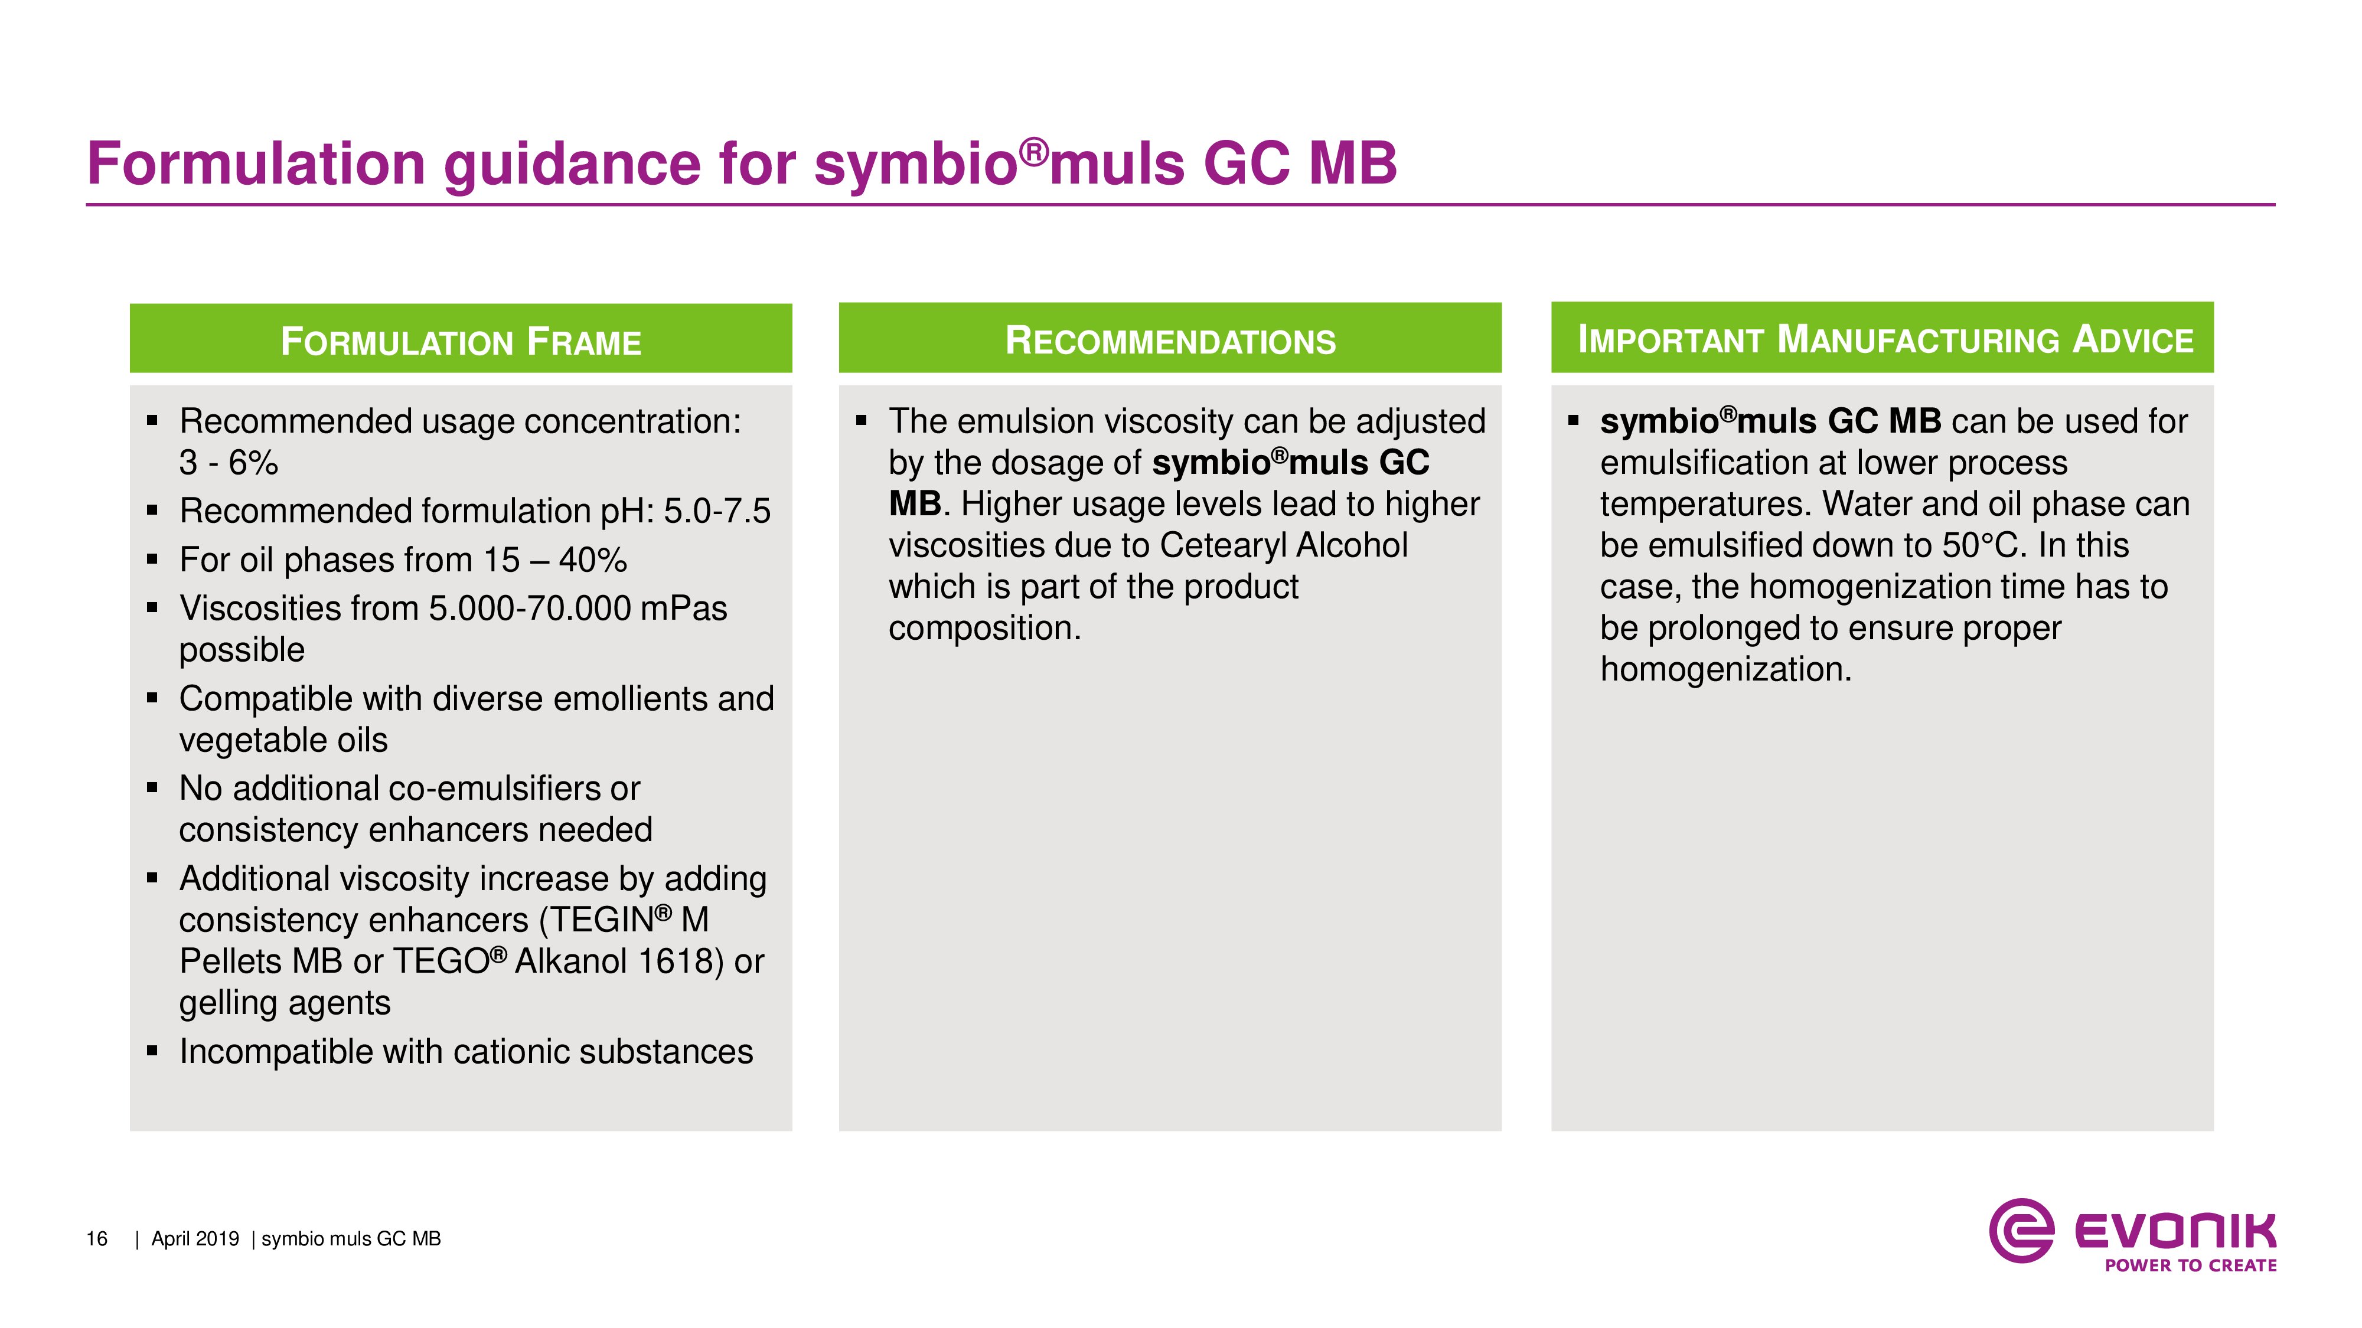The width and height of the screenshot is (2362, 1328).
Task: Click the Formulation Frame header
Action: click(461, 341)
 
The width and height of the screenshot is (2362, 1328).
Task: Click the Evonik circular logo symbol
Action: click(2021, 1230)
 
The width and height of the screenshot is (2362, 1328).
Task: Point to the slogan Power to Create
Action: click(2191, 1265)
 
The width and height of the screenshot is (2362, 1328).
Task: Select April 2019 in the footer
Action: click(194, 1239)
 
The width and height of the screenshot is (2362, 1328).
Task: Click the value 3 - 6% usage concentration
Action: click(229, 462)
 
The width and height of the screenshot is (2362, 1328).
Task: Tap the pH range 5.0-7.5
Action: click(717, 511)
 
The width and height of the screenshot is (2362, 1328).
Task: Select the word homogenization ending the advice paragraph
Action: click(1725, 670)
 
